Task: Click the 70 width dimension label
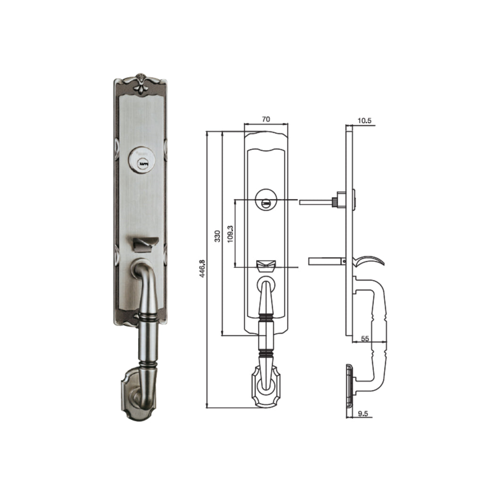[x=266, y=119]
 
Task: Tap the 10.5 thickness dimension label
[x=365, y=121]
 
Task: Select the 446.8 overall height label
[x=202, y=269]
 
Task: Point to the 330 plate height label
[x=217, y=236]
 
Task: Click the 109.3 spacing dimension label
[x=231, y=234]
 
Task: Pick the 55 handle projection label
[x=365, y=339]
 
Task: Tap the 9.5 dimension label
[x=363, y=413]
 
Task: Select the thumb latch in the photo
[x=143, y=244]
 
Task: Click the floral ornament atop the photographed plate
[x=140, y=83]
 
